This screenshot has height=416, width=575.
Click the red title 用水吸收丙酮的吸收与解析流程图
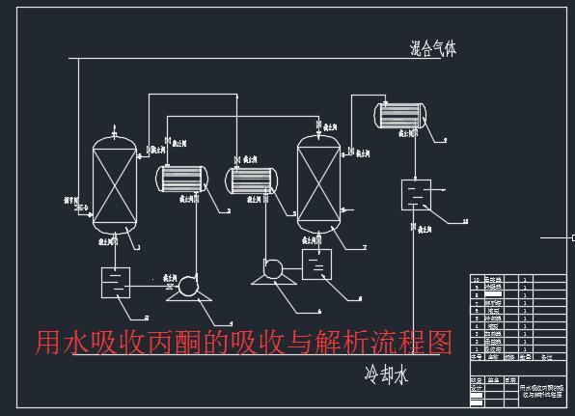point(243,342)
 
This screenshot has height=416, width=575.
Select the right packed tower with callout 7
point(319,186)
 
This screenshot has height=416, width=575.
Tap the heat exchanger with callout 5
point(251,180)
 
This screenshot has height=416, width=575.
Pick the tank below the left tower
point(117,283)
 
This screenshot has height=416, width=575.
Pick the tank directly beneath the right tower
point(316,263)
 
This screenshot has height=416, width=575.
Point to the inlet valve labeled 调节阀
point(78,206)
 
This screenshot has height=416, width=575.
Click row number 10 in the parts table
point(476,280)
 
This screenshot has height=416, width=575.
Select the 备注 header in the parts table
point(546,354)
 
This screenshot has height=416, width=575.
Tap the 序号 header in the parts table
point(476,354)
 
